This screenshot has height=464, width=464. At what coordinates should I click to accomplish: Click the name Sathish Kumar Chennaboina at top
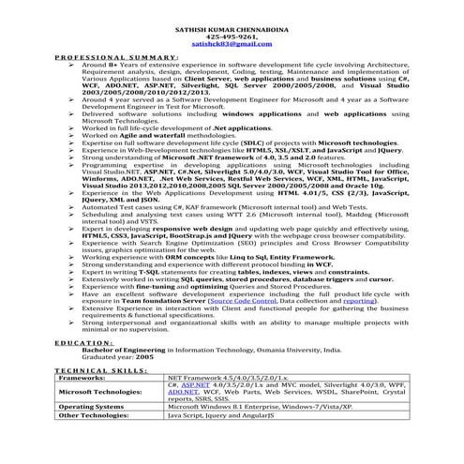click(232, 29)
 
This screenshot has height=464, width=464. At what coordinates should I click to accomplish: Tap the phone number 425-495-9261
click(232, 37)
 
